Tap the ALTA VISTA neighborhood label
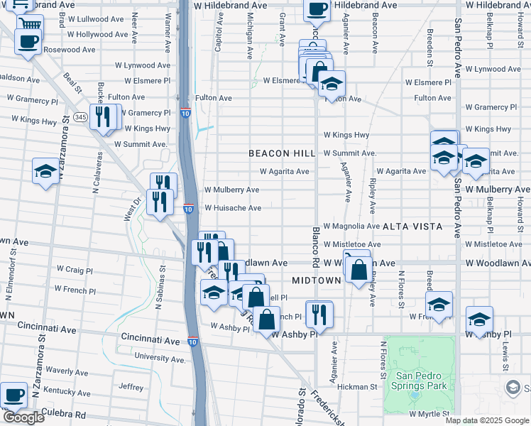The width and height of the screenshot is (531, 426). tap(412, 226)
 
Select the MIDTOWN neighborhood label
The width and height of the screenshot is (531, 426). tap(316, 280)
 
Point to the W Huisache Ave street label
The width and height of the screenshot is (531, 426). tap(233, 208)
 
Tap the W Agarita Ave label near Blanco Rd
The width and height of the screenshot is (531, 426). tap(284, 171)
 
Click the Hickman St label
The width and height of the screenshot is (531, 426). tap(357, 387)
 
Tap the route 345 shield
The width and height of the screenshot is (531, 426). tap(81, 116)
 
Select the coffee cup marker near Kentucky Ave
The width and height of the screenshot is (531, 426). tap(13, 395)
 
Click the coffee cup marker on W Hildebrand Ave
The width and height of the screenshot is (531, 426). tap(317, 10)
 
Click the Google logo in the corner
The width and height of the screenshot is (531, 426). tap(23, 418)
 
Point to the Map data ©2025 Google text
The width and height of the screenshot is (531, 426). tap(487, 420)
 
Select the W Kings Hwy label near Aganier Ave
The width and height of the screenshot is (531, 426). tap(346, 135)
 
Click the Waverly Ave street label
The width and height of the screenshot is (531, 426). tap(66, 371)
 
